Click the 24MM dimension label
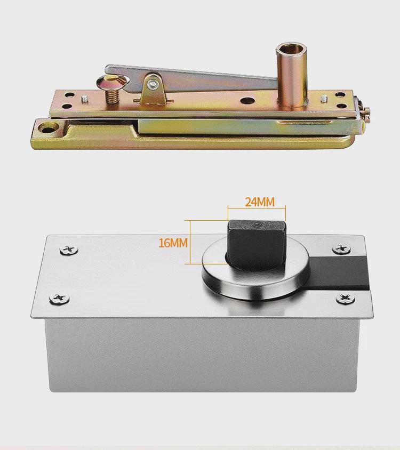point(259,202)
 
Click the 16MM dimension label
point(173,243)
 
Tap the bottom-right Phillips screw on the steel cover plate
point(346,299)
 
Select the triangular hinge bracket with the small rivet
point(153,85)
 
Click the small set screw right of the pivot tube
point(324,98)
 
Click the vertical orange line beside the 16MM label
point(190,242)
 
